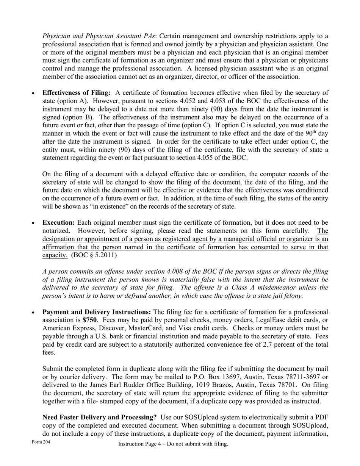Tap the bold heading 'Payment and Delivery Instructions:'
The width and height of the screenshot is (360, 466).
97,312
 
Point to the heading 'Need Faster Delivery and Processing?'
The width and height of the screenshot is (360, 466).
100,418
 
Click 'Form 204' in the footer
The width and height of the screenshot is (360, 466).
41,443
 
